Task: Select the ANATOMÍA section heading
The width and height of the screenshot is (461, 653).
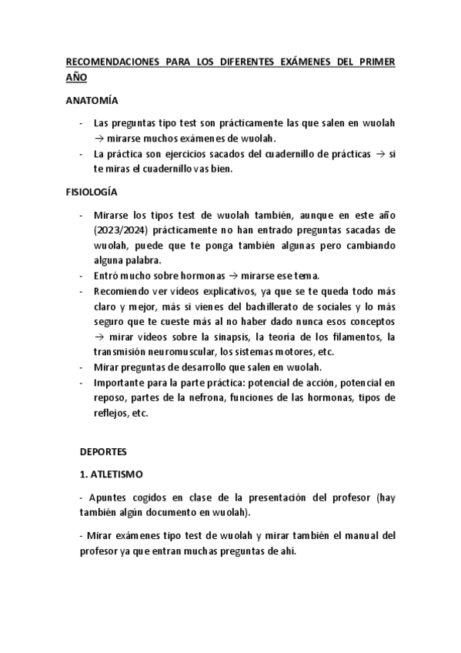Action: point(91,101)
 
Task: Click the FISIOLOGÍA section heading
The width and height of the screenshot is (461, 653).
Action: point(90,191)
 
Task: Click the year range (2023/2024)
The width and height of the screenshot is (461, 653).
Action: point(119,230)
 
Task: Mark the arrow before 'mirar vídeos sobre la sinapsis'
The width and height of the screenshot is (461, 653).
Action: point(99,337)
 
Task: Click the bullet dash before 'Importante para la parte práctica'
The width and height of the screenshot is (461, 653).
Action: point(82,382)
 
